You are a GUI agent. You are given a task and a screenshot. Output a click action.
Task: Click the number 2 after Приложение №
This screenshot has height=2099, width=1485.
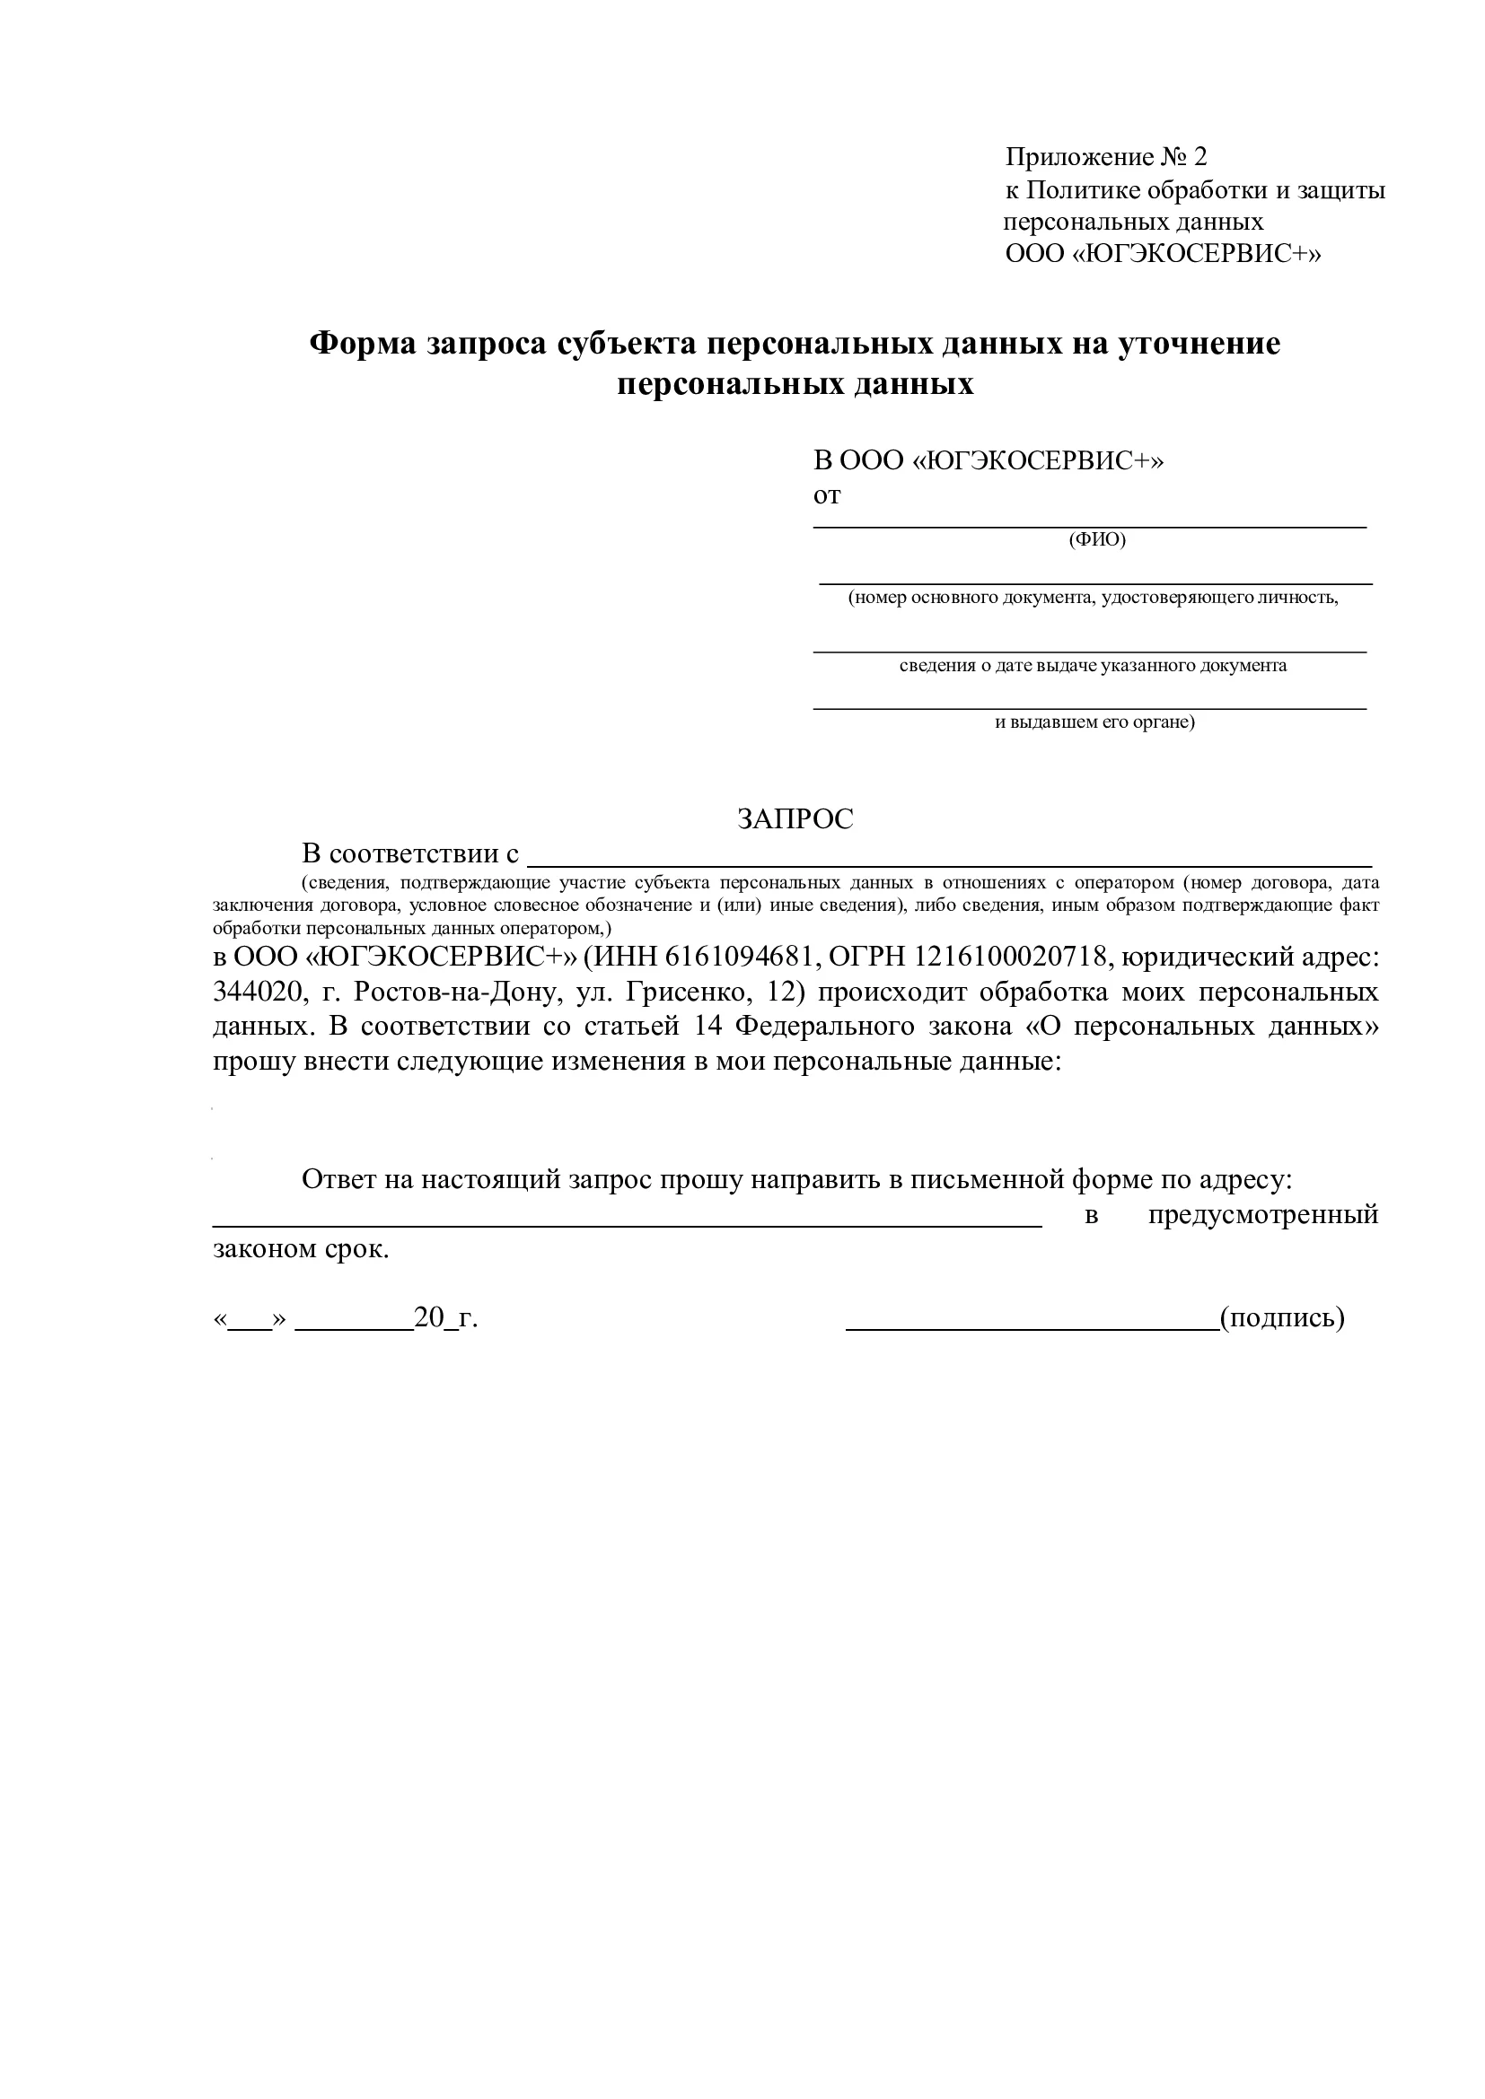(1199, 157)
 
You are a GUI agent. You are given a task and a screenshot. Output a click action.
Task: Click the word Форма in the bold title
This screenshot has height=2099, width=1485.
(363, 345)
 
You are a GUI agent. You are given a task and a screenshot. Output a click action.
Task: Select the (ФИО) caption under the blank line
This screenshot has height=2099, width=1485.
(1097, 539)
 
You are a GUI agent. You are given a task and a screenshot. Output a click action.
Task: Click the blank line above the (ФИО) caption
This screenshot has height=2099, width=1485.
(1090, 527)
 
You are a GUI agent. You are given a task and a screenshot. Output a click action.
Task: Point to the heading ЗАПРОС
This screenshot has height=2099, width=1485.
(795, 819)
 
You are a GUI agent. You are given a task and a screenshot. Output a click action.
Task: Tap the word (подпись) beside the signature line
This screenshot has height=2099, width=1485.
(1282, 1318)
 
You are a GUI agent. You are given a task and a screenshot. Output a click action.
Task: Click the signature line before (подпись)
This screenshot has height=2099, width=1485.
(1032, 1327)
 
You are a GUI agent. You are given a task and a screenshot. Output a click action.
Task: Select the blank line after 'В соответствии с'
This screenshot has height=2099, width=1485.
(950, 864)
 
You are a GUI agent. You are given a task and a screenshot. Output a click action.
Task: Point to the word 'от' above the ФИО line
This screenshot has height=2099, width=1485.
(827, 495)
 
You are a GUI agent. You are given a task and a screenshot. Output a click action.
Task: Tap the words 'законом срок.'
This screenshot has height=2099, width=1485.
(301, 1249)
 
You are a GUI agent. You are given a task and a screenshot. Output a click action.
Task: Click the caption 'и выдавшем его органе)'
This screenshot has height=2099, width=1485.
(1094, 722)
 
